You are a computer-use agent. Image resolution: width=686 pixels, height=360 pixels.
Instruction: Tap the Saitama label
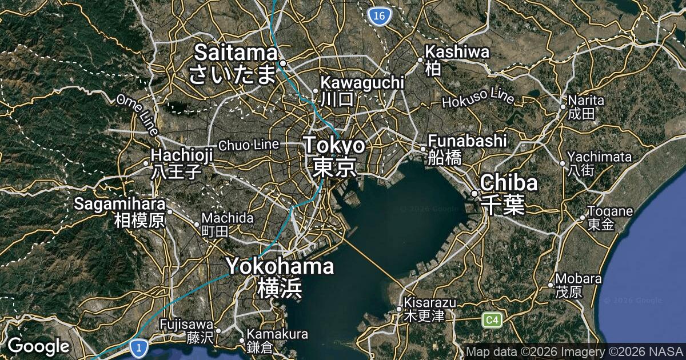[236, 53]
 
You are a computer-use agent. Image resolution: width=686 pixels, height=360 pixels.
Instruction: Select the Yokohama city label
[280, 266]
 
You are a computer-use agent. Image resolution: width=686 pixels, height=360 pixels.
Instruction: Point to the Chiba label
[509, 183]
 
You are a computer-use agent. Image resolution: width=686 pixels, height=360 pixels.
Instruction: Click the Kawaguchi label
[362, 83]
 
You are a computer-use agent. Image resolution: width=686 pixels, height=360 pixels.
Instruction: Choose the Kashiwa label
[457, 53]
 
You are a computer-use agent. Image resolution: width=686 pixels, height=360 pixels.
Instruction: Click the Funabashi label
[468, 141]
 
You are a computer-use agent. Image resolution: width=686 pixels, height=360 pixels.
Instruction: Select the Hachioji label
[182, 155]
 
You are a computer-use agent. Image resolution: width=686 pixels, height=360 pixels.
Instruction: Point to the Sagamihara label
[120, 203]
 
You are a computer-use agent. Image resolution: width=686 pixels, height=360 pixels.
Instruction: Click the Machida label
[228, 218]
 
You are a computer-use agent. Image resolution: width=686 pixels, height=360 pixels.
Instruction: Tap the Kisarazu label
[430, 302]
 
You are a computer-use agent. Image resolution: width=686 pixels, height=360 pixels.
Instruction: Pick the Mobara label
[579, 279]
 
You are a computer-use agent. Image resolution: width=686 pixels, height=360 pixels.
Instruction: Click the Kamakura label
[277, 334]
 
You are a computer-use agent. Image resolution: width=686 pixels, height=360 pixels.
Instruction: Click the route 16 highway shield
[378, 17]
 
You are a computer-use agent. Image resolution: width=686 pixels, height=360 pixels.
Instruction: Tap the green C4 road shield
[492, 320]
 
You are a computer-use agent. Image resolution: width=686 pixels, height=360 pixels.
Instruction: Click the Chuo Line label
[248, 145]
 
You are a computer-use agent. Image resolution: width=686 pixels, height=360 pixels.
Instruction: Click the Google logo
[38, 346]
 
